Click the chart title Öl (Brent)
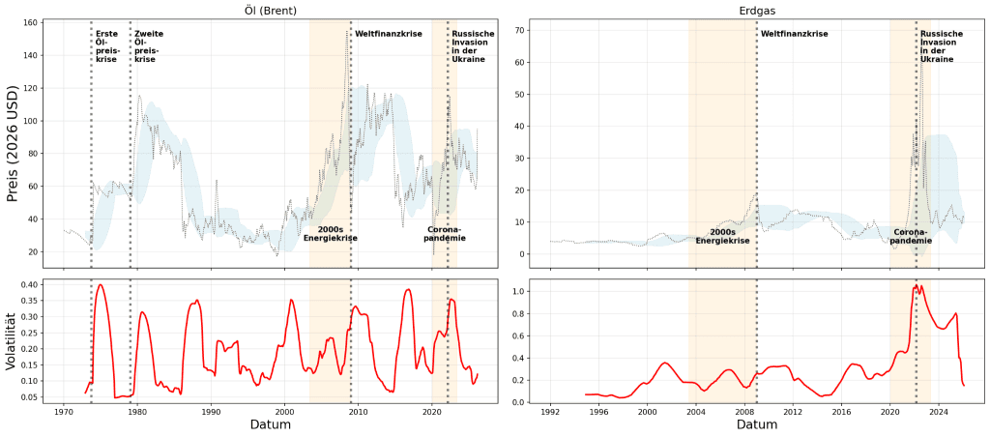(270, 10)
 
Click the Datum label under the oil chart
(271, 424)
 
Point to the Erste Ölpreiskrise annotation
(106, 46)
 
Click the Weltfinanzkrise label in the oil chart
(388, 34)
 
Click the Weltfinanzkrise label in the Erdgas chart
(794, 34)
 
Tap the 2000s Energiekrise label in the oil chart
(331, 234)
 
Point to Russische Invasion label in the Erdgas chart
(938, 46)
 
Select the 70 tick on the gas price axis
(518, 30)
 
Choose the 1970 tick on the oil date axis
(64, 410)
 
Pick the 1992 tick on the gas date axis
(550, 410)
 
